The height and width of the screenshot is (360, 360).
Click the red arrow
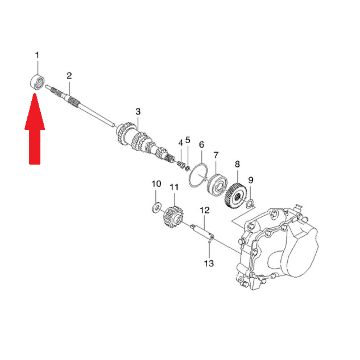point(35,129)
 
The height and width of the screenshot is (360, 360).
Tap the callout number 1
point(37,55)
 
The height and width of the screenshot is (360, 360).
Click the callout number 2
point(69,76)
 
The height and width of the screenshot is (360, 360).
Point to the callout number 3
point(138,112)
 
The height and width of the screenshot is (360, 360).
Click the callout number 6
point(201,145)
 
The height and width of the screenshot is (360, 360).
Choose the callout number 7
point(216,155)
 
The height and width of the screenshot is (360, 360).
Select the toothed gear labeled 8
point(235,195)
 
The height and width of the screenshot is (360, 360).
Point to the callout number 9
point(251,180)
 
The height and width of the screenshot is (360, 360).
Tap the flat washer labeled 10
point(157,208)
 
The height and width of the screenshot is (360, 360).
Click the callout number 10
point(156,184)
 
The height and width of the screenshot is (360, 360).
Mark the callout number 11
point(174,187)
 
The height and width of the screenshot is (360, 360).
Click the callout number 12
point(205,210)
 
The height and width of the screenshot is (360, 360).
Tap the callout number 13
point(209,263)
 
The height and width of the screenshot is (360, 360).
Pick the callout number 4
point(181,143)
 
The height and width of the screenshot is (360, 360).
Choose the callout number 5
point(188,140)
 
